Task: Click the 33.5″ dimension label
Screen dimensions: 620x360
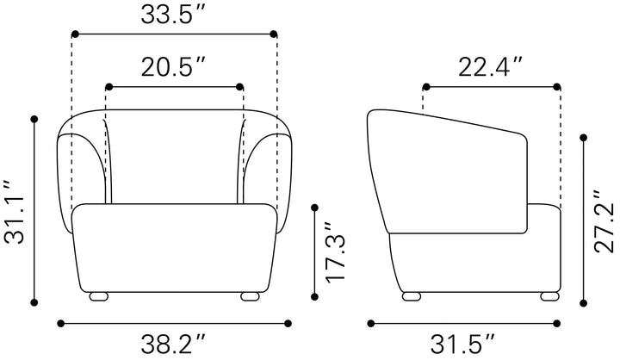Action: pyautogui.click(x=172, y=15)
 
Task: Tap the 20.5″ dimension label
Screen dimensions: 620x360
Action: pyautogui.click(x=173, y=67)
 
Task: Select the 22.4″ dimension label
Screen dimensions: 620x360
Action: pyautogui.click(x=490, y=67)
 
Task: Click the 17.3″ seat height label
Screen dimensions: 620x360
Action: pyautogui.click(x=335, y=253)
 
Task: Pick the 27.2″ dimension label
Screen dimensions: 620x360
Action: pyautogui.click(x=605, y=221)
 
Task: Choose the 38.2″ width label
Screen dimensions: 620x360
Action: pyautogui.click(x=173, y=344)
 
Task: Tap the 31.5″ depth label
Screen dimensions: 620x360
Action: pyautogui.click(x=462, y=344)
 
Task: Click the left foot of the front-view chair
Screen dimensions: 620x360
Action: pyautogui.click(x=99, y=296)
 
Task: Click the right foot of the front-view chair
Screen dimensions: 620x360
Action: pyautogui.click(x=250, y=296)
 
